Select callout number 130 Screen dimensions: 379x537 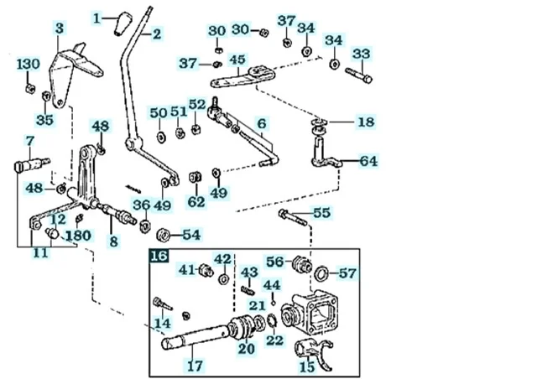coord(28,65)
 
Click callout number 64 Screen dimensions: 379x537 coord(369,160)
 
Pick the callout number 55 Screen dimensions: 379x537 coord(321,213)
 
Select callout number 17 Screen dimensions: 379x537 coord(194,366)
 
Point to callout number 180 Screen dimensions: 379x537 coord(78,236)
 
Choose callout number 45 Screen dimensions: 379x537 coord(237,60)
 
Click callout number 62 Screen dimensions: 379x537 coord(196,201)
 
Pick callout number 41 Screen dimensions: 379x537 coord(186,269)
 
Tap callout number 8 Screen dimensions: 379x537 coord(112,241)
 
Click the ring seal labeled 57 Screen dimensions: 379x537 coord(321,272)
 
